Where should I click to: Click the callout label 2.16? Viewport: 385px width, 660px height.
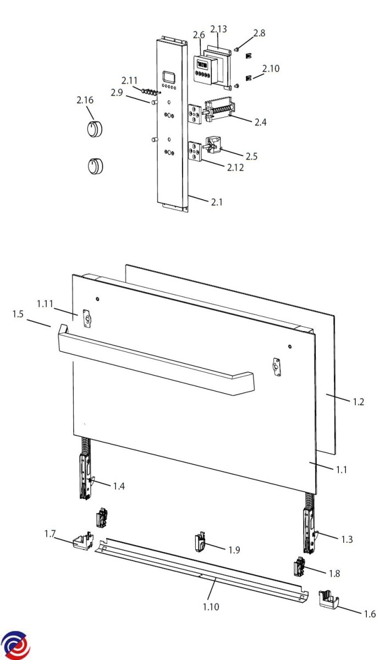coord(85,100)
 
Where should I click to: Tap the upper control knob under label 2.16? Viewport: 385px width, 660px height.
coord(95,129)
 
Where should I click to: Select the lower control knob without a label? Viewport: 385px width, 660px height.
coord(96,166)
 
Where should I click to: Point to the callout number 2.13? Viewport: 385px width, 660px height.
coord(218,29)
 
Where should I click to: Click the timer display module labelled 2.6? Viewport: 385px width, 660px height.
coord(202,69)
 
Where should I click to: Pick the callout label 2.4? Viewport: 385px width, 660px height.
coord(260,122)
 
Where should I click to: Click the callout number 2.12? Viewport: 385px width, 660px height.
coord(235,167)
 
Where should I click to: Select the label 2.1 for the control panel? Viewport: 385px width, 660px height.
coord(217,202)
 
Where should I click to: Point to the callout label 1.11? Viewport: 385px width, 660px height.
coord(45,304)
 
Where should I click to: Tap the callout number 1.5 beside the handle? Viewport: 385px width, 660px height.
coord(18,314)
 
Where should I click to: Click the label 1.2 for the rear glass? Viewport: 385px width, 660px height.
coord(358,402)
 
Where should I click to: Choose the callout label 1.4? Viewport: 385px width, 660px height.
coord(119,486)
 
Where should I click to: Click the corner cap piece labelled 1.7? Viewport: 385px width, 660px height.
coord(83,540)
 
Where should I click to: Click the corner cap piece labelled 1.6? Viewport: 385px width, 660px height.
coord(329,599)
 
